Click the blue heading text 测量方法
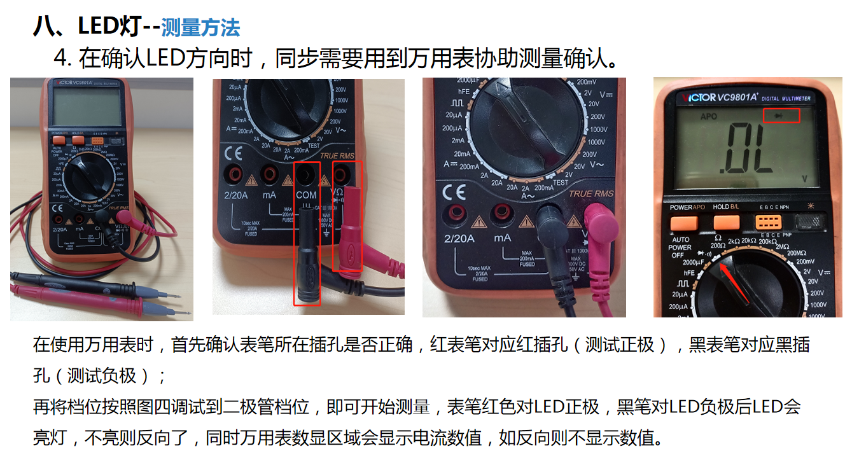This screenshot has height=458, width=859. [200, 27]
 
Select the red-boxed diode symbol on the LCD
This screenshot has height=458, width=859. [781, 115]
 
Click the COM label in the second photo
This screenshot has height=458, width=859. [306, 195]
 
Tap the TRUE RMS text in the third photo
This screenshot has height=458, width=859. [591, 194]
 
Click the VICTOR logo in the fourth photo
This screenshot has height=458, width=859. [695, 97]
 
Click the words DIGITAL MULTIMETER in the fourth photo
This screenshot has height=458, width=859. [786, 99]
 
